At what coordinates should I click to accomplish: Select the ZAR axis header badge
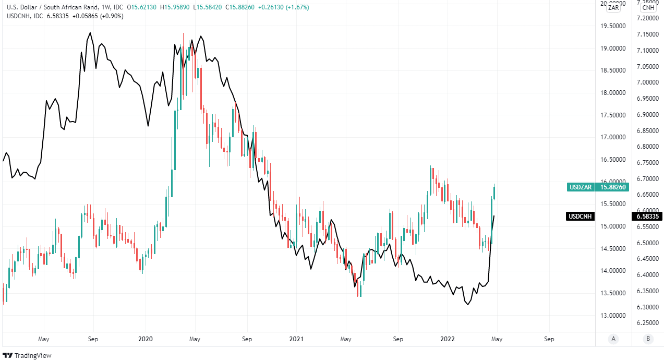pyautogui.click(x=613, y=7)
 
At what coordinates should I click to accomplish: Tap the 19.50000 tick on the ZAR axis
pyautogui.click(x=613, y=26)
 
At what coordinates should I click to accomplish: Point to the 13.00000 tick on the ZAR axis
pyautogui.click(x=613, y=316)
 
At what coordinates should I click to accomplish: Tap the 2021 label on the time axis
pyautogui.click(x=296, y=339)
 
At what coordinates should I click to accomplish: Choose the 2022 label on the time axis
pyautogui.click(x=447, y=339)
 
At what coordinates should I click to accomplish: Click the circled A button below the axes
pyautogui.click(x=613, y=339)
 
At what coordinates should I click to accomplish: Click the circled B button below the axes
pyautogui.click(x=648, y=339)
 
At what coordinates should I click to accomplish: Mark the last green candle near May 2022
pyautogui.click(x=494, y=192)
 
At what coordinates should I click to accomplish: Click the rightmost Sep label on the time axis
pyautogui.click(x=549, y=339)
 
